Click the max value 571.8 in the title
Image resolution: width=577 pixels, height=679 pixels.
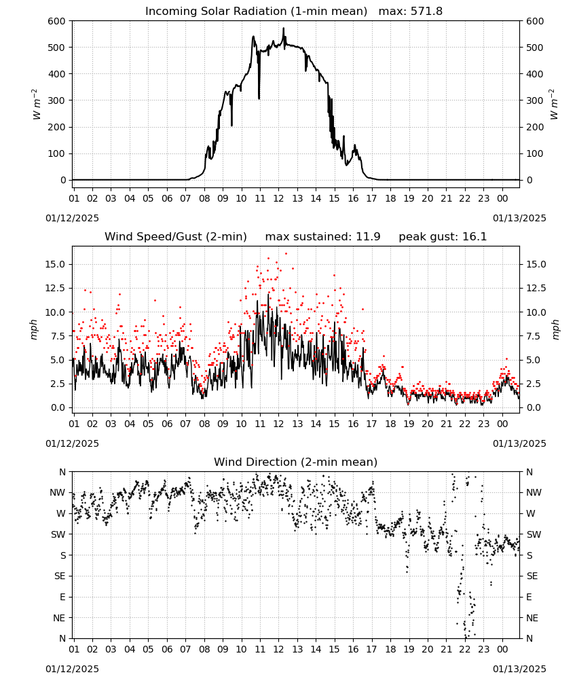pyautogui.click(x=426, y=12)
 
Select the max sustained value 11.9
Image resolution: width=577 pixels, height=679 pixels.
pyautogui.click(x=368, y=237)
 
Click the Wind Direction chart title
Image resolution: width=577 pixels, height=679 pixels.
pyautogui.click(x=296, y=462)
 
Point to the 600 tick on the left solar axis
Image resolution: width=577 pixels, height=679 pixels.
pyautogui.click(x=57, y=21)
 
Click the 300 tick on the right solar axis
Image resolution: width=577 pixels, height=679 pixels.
pyautogui.click(x=535, y=100)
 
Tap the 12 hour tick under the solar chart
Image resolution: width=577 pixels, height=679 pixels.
pyautogui.click(x=278, y=198)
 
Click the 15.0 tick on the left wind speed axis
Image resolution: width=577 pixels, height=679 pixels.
pyautogui.click(x=56, y=264)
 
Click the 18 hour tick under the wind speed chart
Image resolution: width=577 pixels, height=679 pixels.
pyautogui.click(x=390, y=424)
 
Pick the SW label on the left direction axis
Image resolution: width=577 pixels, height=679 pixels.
pyautogui.click(x=58, y=534)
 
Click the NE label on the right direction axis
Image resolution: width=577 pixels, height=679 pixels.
pyautogui.click(x=532, y=618)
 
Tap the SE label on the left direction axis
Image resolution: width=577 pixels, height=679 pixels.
pyautogui.click(x=60, y=576)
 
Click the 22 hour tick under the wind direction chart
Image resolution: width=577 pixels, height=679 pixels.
pyautogui.click(x=464, y=648)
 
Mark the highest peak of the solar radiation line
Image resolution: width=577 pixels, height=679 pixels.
pyautogui.click(x=284, y=28)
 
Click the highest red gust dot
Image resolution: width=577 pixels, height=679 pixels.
pyautogui.click(x=286, y=254)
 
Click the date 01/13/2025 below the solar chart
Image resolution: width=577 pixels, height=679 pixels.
pyautogui.click(x=519, y=218)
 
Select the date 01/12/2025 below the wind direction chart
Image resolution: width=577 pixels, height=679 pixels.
pyautogui.click(x=72, y=669)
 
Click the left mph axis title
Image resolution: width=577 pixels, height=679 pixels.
pyautogui.click(x=34, y=329)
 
